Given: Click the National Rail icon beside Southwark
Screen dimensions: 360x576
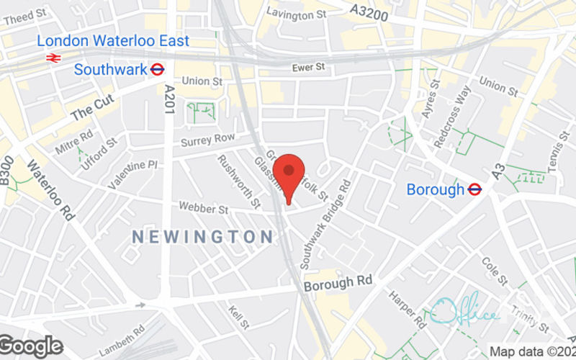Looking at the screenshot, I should coord(53,57).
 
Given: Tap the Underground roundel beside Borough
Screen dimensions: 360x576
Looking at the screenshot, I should coord(474,189).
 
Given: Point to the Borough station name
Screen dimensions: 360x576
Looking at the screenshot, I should coord(436,190).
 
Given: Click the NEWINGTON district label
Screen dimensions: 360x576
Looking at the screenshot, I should coord(203,236).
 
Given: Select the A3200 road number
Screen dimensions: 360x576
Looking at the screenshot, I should coord(369,10).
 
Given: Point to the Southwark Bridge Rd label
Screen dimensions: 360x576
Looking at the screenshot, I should coord(325,225).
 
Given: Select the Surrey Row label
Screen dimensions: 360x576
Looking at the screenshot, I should coord(208,138).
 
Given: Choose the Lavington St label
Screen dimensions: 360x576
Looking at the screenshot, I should coord(294,12).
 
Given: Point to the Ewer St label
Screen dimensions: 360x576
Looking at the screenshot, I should coord(310,68).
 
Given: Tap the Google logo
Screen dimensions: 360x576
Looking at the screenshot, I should coord(31,346).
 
